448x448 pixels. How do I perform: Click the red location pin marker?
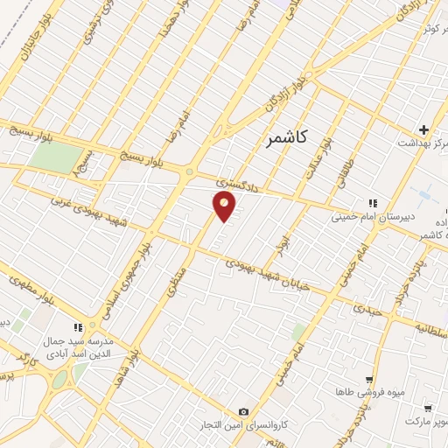pos(225,206)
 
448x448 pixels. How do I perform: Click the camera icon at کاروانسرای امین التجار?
pos(243,412)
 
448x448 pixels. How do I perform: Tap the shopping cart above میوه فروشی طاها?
pos(370,380)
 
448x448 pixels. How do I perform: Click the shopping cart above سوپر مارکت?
pos(427,408)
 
